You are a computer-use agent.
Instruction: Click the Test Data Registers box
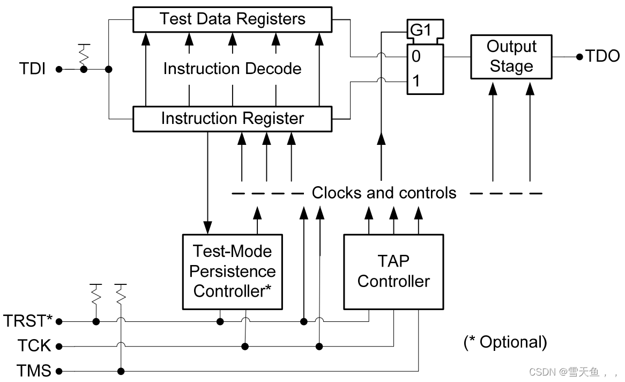(x=232, y=20)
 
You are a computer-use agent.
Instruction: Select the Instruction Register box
(x=232, y=119)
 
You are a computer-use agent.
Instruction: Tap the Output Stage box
(x=511, y=56)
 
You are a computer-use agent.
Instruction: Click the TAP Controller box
(x=393, y=271)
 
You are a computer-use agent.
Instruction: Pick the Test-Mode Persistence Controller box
(x=232, y=271)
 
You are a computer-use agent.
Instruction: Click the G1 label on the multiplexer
(x=421, y=31)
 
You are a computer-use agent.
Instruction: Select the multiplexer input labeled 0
(x=416, y=56)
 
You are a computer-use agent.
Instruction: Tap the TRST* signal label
(x=28, y=321)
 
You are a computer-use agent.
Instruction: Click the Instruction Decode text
(x=232, y=69)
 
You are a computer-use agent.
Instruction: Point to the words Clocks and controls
(x=384, y=193)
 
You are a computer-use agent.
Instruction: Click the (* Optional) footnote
(x=505, y=342)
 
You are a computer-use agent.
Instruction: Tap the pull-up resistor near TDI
(x=83, y=54)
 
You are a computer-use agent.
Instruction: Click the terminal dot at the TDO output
(x=579, y=56)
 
